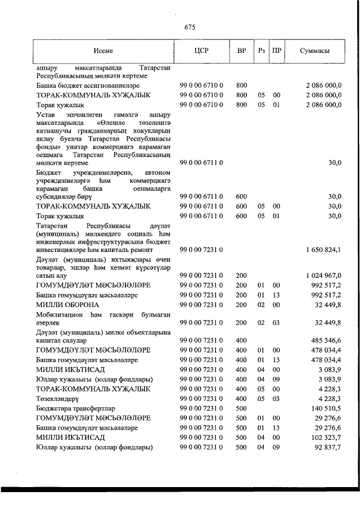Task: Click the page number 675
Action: coord(189,26)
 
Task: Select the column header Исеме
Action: coord(104,51)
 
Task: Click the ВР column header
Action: coord(241,51)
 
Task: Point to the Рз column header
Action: coord(261,51)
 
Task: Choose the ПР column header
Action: coord(276,51)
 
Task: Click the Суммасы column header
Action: coord(315,51)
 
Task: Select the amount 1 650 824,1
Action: coord(323,249)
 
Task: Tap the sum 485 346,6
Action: coord(326,340)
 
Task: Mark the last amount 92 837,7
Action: coord(328,447)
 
